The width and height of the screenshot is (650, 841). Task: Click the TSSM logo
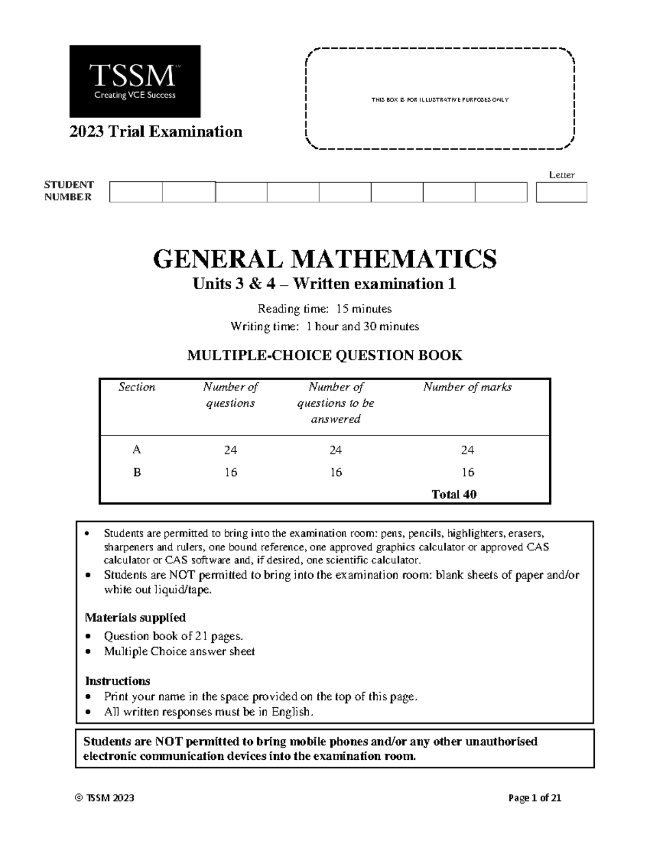click(135, 81)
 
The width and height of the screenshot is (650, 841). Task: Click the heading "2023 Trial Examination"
click(155, 132)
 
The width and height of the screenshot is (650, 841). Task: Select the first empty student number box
click(136, 192)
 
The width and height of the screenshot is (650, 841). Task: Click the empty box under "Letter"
click(561, 192)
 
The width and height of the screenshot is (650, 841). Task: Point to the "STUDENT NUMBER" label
click(69, 191)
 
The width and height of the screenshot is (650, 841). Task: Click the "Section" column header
click(137, 387)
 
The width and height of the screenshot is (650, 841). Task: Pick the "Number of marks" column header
click(467, 387)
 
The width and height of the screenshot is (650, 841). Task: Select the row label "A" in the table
click(137, 450)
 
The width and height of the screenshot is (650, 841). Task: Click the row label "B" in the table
click(137, 472)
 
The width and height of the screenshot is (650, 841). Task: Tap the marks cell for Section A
click(467, 450)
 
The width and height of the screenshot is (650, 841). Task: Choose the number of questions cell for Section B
click(231, 472)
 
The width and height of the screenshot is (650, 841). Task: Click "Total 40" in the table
click(454, 494)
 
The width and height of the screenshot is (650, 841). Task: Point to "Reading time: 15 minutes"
click(324, 309)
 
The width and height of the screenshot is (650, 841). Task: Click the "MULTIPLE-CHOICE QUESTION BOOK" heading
click(324, 356)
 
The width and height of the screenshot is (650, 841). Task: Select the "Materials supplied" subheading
click(135, 617)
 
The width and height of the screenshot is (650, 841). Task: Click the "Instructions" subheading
click(118, 681)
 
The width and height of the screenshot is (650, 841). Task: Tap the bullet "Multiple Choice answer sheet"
click(179, 651)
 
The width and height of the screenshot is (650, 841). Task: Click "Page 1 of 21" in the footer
click(535, 798)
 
